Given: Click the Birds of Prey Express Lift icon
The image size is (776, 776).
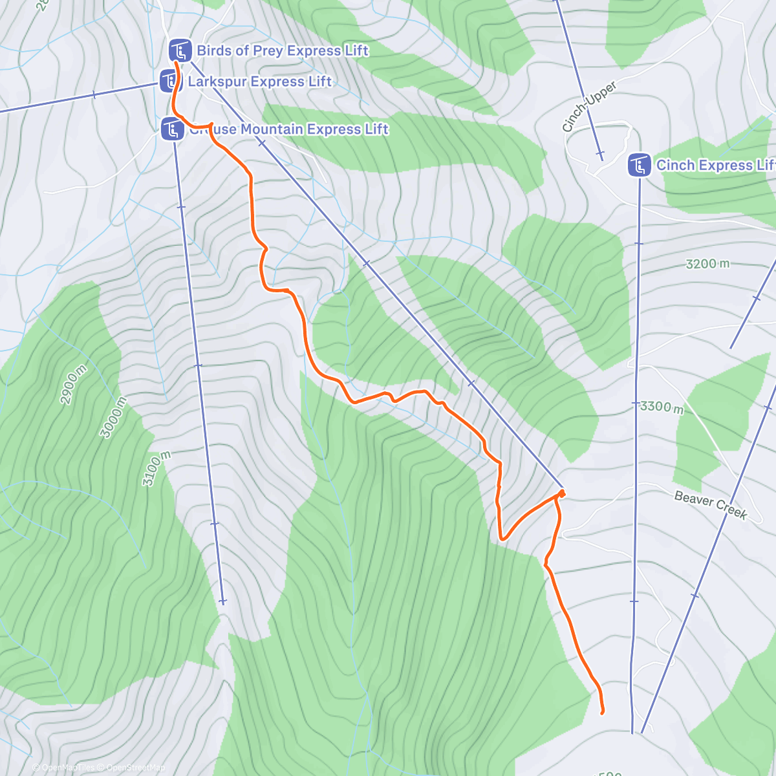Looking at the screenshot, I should [180, 51].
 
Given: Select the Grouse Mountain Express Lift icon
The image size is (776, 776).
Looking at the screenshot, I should [172, 129].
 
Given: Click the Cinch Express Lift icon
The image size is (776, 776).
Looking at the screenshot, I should [639, 166].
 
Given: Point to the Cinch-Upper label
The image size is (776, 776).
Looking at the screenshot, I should [588, 107].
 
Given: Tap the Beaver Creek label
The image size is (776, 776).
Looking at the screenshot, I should [710, 505].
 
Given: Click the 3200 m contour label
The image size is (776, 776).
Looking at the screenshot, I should [707, 264].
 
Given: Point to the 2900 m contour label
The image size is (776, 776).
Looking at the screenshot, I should [73, 385].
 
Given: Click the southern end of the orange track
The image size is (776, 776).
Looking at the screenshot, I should [602, 713].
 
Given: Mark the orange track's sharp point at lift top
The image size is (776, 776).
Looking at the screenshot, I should [561, 493].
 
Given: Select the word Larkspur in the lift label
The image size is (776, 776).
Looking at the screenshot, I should [217, 81].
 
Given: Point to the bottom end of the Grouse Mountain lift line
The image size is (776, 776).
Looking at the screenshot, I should [222, 601].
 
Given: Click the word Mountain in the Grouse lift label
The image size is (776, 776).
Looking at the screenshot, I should [272, 129].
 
